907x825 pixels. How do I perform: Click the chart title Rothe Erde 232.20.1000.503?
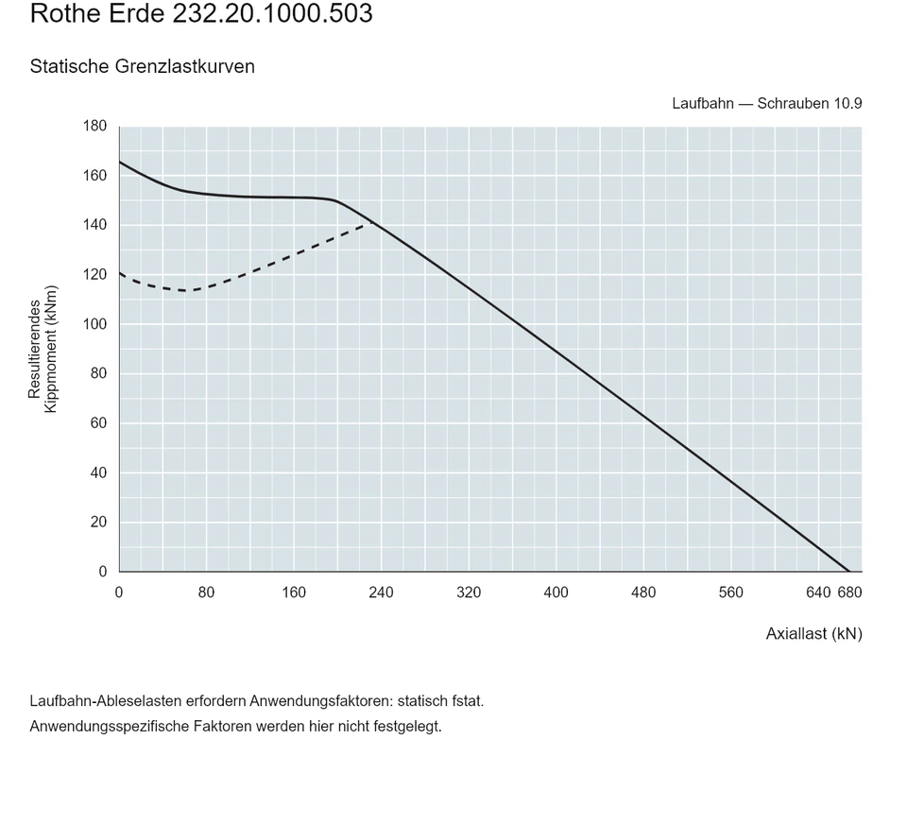tap(201, 13)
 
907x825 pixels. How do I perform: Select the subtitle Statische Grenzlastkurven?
tap(143, 66)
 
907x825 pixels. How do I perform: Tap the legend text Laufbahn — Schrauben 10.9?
tap(767, 104)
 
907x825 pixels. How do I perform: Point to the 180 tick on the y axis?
tap(94, 126)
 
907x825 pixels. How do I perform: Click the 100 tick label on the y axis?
tap(94, 324)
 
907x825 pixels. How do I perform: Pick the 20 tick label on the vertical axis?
tap(99, 522)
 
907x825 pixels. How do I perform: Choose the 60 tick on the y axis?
tap(99, 423)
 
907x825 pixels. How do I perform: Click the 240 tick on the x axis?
tap(381, 593)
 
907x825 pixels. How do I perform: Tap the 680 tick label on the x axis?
tap(849, 593)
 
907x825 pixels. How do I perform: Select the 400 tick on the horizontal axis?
tap(556, 593)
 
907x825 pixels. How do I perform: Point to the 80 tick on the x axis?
tap(207, 593)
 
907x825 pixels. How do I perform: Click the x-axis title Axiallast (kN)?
tap(813, 634)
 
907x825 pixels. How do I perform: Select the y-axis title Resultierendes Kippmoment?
tap(43, 349)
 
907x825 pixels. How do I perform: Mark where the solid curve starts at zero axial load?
tap(120, 162)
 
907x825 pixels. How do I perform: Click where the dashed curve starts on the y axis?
tap(120, 273)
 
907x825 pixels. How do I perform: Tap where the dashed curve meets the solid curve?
tap(373, 223)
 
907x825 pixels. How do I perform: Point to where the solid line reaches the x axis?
tap(848, 572)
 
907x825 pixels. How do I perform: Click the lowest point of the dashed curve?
tap(186, 290)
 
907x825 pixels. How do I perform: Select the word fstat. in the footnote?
tap(466, 701)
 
